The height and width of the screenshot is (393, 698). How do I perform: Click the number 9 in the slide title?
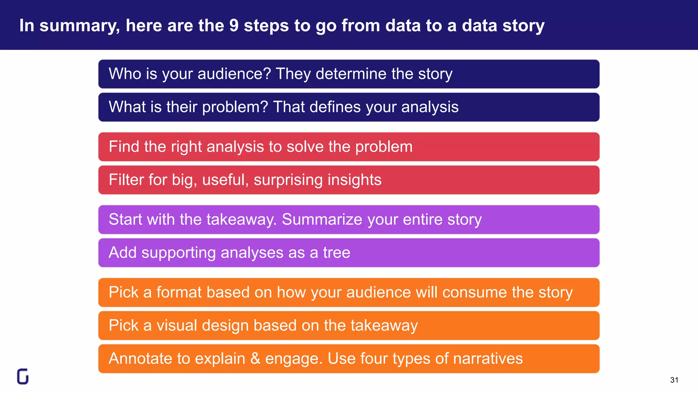[234, 26]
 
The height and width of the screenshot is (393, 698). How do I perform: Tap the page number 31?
[674, 380]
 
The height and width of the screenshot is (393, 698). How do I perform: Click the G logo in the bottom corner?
[23, 376]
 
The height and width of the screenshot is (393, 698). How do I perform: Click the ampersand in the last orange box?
[255, 359]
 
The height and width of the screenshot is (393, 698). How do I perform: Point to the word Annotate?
[140, 359]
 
